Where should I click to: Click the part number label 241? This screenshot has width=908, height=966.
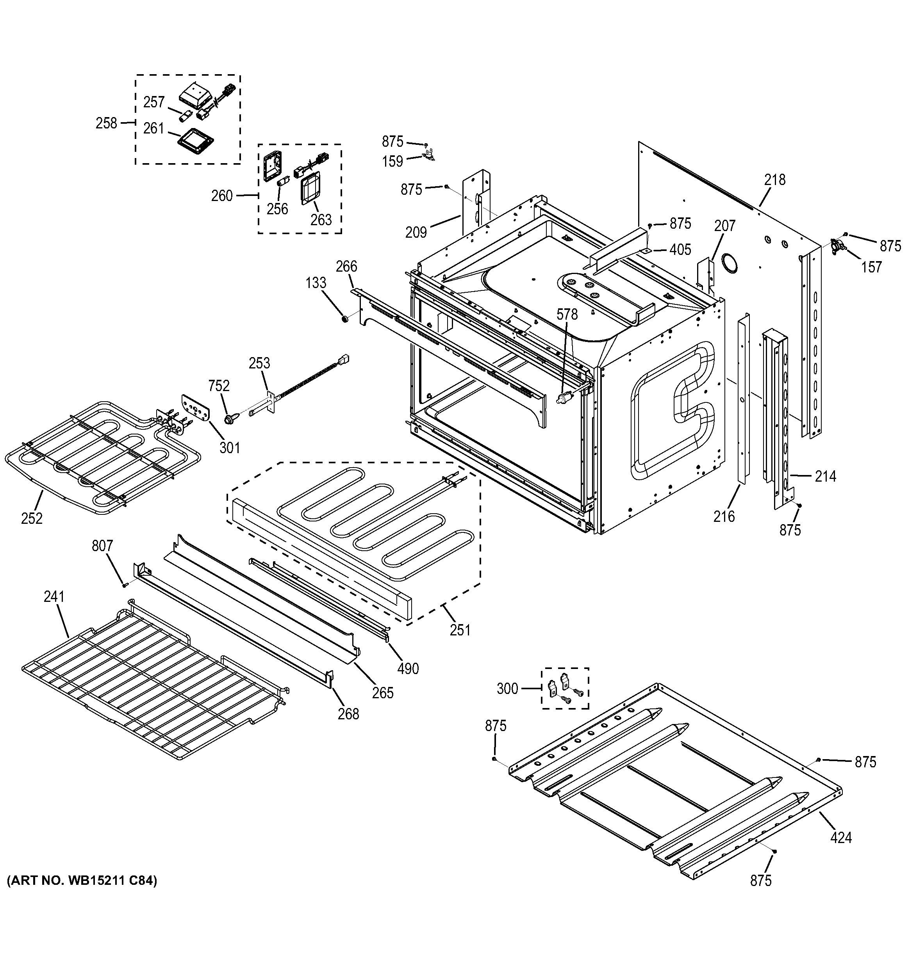54,596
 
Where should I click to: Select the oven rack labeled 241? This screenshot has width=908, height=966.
151,685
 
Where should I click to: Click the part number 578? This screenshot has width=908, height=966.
567,314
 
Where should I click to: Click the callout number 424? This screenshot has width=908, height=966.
840,837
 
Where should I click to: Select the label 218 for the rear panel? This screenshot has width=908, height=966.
774,180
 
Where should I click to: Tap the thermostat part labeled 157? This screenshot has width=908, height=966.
838,246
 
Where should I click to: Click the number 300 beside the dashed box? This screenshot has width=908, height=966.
507,688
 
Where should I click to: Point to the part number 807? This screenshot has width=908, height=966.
102,546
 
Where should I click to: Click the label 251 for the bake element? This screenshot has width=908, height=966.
460,630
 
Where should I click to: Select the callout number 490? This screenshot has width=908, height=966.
408,669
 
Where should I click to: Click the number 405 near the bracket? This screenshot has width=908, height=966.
680,249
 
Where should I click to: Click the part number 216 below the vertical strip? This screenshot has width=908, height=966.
724,516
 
